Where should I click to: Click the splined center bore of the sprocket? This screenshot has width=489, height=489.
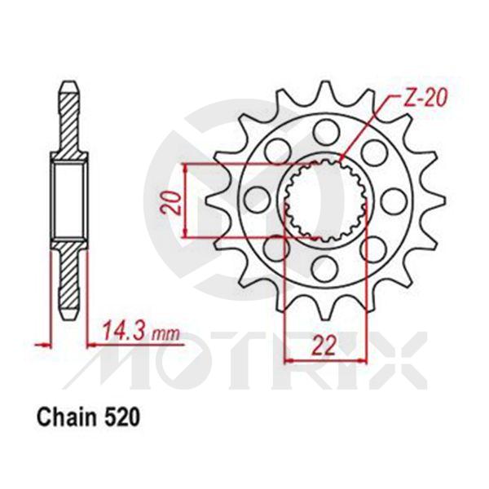(x=325, y=201)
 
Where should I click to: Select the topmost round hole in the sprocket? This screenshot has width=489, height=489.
(x=325, y=130)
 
